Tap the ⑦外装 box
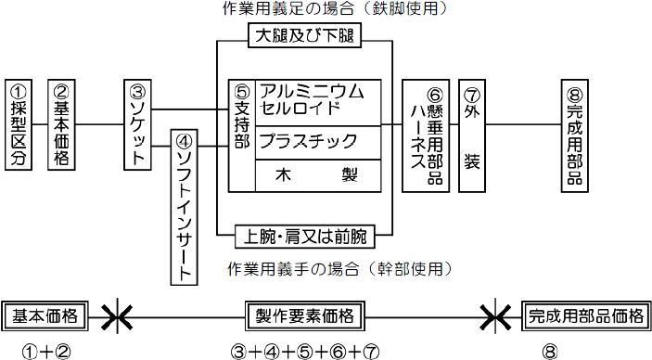pos(471,135)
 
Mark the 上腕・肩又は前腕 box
pos(305,236)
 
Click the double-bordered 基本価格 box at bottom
pos(46,315)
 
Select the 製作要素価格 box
pos(306,315)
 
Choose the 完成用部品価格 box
pos(585,315)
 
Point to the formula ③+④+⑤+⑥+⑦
pos(307,351)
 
